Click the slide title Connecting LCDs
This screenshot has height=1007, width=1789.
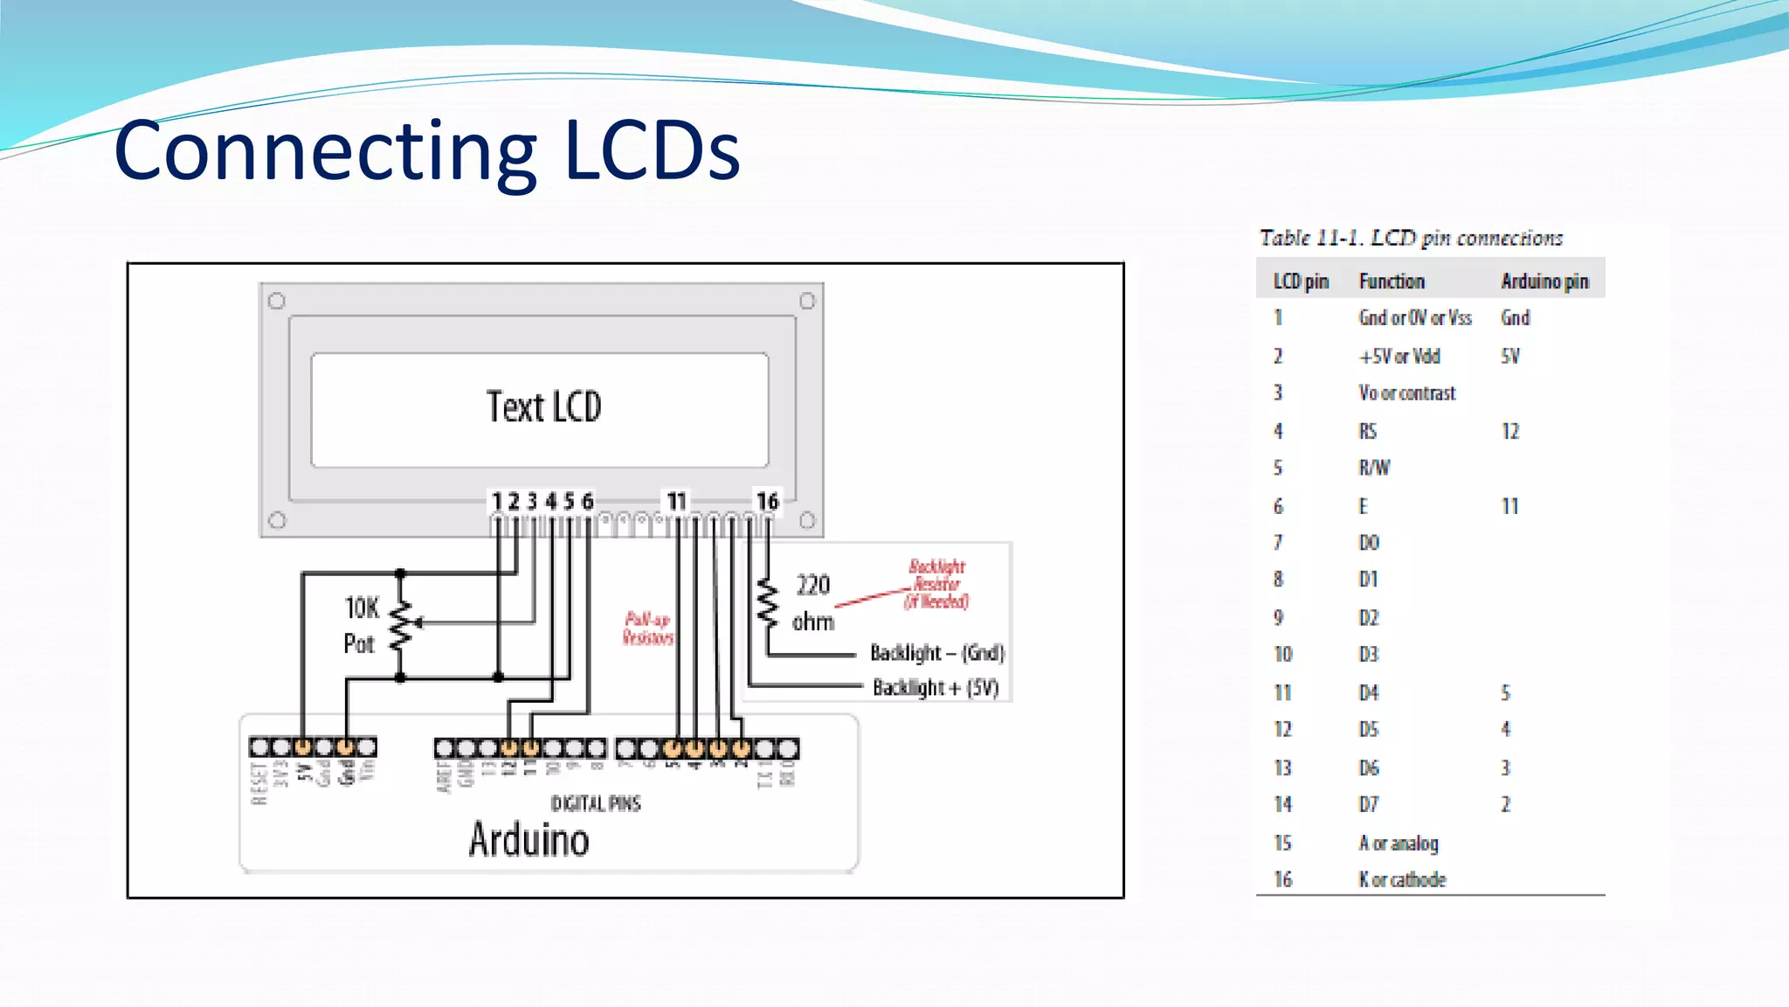427,150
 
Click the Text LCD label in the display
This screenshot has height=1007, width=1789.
543,407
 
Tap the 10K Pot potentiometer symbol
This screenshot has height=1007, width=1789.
401,624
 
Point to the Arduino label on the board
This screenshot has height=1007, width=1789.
528,840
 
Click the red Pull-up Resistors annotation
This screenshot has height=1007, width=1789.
648,629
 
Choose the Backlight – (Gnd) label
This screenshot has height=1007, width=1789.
936,653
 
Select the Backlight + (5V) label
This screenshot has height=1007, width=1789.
935,688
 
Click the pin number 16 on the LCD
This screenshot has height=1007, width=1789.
767,502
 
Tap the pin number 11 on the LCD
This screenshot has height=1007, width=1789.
676,502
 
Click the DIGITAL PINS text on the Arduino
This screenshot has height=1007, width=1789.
595,803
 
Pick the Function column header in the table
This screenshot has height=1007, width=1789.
1392,281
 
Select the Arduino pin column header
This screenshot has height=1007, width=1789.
1544,281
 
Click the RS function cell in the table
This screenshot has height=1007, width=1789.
1368,431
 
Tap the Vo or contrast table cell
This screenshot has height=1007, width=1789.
1406,393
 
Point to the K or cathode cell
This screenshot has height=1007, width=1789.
1402,879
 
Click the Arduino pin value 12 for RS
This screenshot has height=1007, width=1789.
1510,431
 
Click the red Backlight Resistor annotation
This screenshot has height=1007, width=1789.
936,584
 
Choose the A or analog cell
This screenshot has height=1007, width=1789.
1398,843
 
